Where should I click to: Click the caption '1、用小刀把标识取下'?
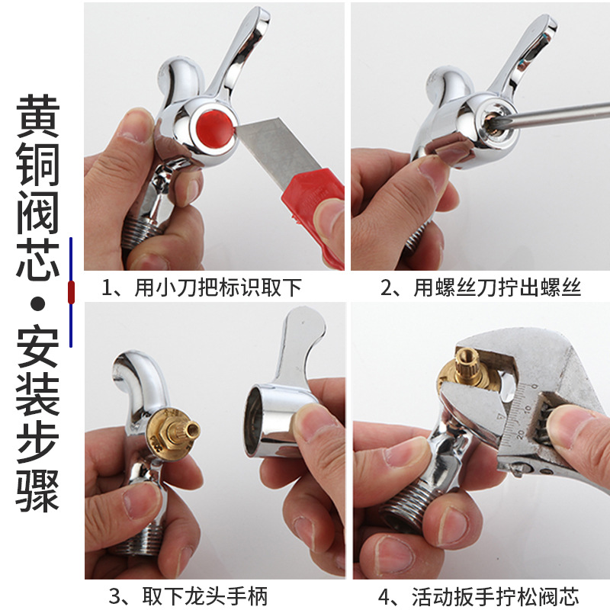tap(202, 289)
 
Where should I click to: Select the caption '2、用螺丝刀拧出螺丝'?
tap(480, 289)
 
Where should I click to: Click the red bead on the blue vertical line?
tap(71, 291)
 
